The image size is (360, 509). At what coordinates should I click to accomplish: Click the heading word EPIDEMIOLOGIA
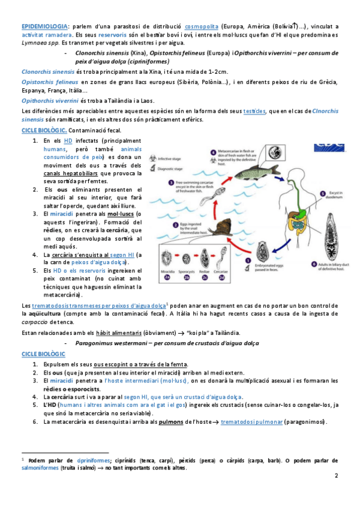click(x=44, y=26)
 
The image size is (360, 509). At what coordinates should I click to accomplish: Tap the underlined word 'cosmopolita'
click(x=201, y=26)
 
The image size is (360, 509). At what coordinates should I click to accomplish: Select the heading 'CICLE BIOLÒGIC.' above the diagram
click(x=43, y=130)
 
